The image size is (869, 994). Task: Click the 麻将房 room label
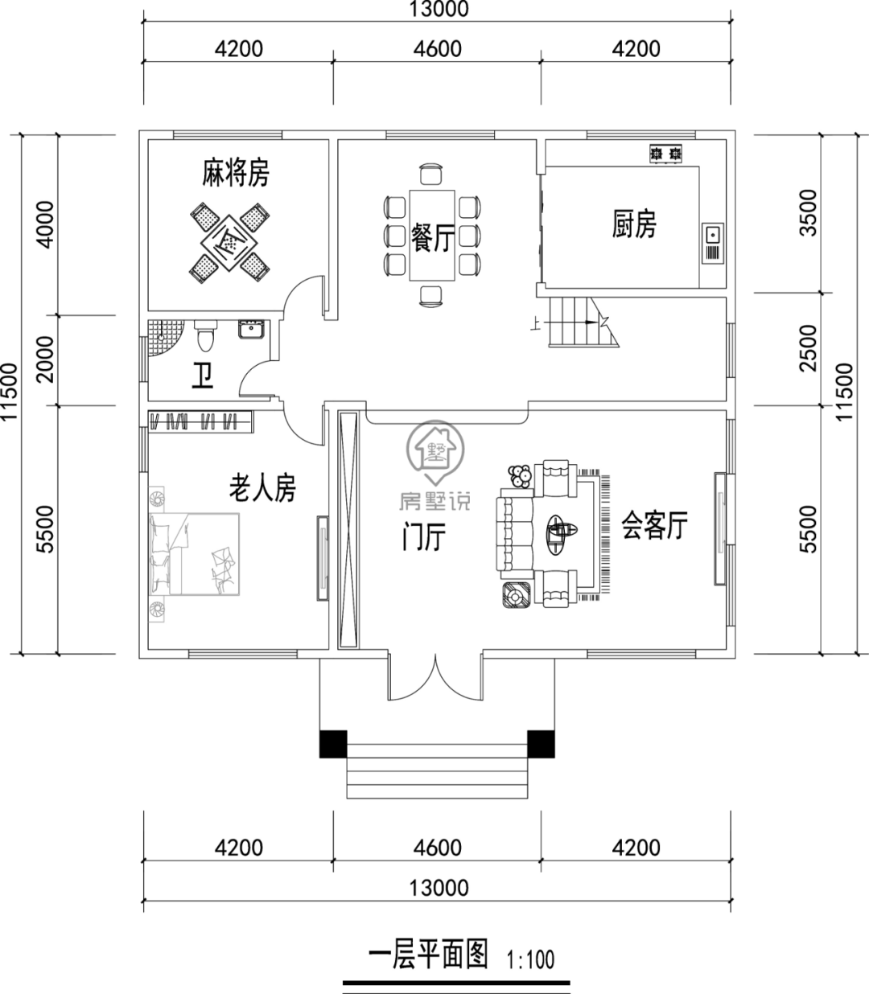click(x=235, y=174)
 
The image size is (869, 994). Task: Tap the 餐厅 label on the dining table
click(x=433, y=237)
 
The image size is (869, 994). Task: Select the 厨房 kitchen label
click(x=634, y=224)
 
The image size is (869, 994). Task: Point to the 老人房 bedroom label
click(x=263, y=488)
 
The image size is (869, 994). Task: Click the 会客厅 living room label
click(x=654, y=527)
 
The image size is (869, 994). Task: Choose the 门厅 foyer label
click(x=424, y=538)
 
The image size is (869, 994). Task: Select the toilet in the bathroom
click(x=206, y=335)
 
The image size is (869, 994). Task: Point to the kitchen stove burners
click(x=666, y=152)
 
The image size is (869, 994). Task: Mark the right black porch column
click(x=541, y=743)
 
